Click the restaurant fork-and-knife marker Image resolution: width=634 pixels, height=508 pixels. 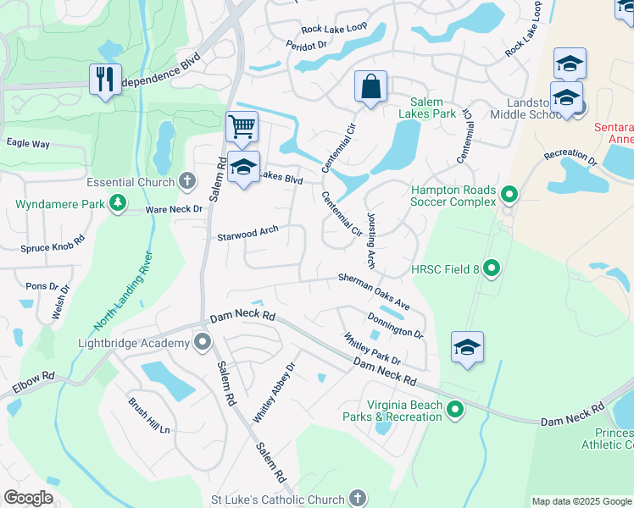coord(106,80)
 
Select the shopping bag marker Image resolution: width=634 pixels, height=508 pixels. coord(370,86)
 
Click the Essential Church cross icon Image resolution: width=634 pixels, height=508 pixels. coord(186,181)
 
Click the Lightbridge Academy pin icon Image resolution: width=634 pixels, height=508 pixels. coord(203,342)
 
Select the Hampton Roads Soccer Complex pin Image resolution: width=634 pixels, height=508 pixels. coord(509,196)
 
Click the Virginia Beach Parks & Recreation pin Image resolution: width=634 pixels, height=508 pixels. coord(455,411)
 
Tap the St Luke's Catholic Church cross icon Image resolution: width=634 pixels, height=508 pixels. coord(358,499)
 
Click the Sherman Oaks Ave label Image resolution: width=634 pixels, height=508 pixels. coord(374,290)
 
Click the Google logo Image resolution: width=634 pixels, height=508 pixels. coord(29,498)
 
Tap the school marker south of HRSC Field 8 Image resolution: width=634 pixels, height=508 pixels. coord(467,347)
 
